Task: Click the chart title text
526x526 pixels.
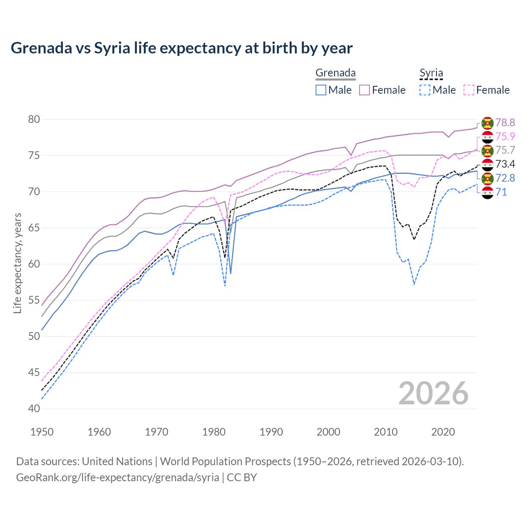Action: [x=182, y=48]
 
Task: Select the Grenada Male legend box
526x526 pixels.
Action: [x=321, y=90]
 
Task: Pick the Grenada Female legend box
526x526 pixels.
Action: [x=365, y=90]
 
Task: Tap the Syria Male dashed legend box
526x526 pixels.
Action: [x=425, y=90]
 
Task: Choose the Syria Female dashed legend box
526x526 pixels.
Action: [x=469, y=90]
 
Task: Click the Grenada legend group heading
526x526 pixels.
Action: [x=335, y=73]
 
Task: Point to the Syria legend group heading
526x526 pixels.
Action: [x=431, y=73]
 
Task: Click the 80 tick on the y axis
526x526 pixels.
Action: [x=34, y=120]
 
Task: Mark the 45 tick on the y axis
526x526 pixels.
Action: [x=34, y=373]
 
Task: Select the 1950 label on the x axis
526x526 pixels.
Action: [x=42, y=432]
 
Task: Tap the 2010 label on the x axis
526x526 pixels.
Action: [x=385, y=432]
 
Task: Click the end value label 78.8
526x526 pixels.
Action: [x=505, y=122]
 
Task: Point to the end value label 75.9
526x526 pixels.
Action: [x=505, y=136]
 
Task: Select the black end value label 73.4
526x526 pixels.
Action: [x=505, y=164]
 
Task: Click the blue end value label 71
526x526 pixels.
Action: [x=501, y=192]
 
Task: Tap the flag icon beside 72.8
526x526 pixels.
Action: [x=487, y=178]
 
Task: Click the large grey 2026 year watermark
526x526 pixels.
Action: [x=434, y=393]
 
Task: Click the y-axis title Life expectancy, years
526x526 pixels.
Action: [x=18, y=263]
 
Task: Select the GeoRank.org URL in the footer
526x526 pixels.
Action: [x=118, y=478]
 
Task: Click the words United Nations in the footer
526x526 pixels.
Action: [x=117, y=461]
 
